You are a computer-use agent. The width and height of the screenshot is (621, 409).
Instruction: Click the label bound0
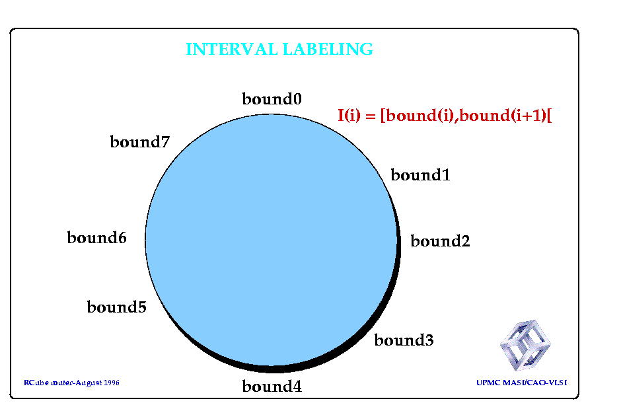[272, 98]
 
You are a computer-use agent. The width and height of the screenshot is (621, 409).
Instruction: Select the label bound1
[420, 174]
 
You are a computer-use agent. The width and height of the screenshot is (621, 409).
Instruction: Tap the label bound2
[440, 241]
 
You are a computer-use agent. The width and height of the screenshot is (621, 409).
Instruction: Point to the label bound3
[404, 340]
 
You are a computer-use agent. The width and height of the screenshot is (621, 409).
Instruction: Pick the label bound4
[272, 386]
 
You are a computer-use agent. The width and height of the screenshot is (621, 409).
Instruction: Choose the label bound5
[116, 307]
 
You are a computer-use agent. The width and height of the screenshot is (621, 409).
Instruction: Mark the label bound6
[96, 238]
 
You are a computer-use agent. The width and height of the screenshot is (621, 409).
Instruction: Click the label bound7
[140, 142]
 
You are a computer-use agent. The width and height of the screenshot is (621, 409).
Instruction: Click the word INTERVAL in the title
[232, 50]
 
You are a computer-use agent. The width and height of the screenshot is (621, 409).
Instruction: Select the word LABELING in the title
[328, 50]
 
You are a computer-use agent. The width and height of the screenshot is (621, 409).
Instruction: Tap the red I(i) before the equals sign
[349, 115]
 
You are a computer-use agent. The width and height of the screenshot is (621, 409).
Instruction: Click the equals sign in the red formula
[371, 116]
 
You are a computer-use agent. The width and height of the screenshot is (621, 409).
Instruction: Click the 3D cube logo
[525, 346]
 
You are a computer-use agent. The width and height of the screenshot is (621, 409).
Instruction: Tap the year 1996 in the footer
[111, 383]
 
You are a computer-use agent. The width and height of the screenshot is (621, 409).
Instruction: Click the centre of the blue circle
[272, 240]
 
